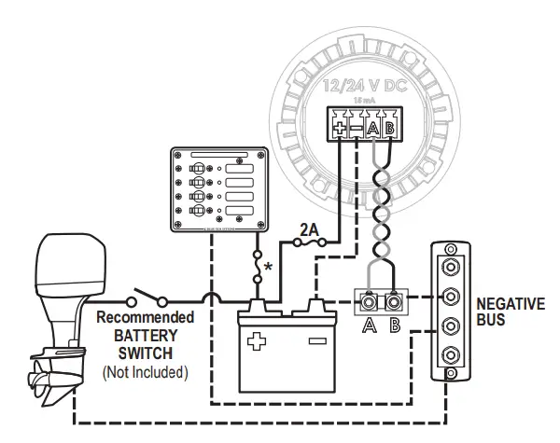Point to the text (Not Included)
145,373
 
